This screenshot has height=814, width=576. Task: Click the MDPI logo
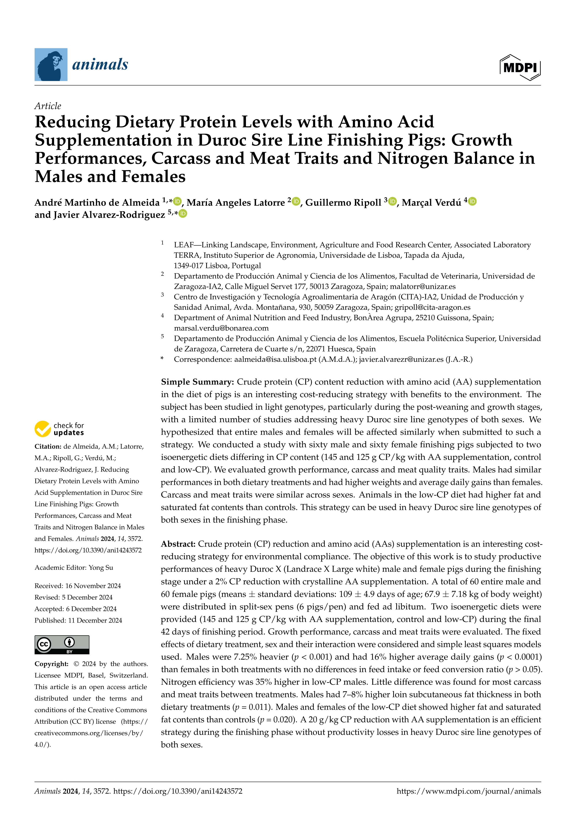pos(520,67)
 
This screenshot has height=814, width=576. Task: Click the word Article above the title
pos(48,106)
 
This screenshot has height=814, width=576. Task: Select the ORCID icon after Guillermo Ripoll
pos(392,201)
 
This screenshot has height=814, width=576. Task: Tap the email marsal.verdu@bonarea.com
pos(221,328)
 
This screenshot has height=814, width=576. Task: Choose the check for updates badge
pos(60,429)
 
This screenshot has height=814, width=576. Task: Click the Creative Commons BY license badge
pos(62,645)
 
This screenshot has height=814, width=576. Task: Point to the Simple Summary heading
pos(197,382)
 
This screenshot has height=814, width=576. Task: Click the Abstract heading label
pos(178,544)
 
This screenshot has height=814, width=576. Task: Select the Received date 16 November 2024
pos(78,586)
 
